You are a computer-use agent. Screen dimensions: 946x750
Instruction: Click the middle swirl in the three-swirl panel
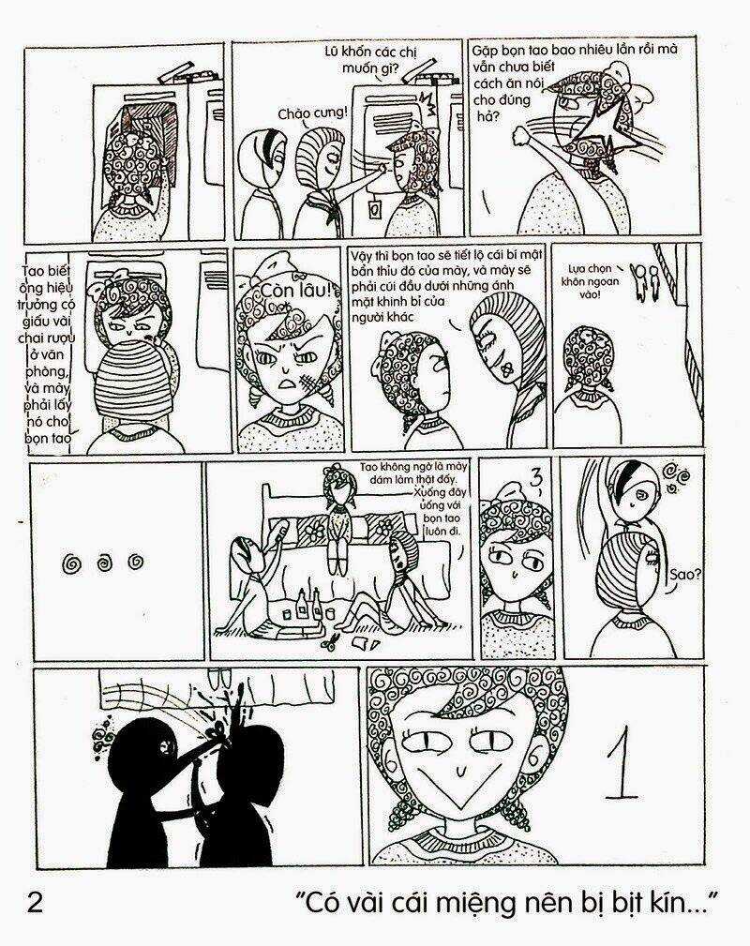tap(104, 563)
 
